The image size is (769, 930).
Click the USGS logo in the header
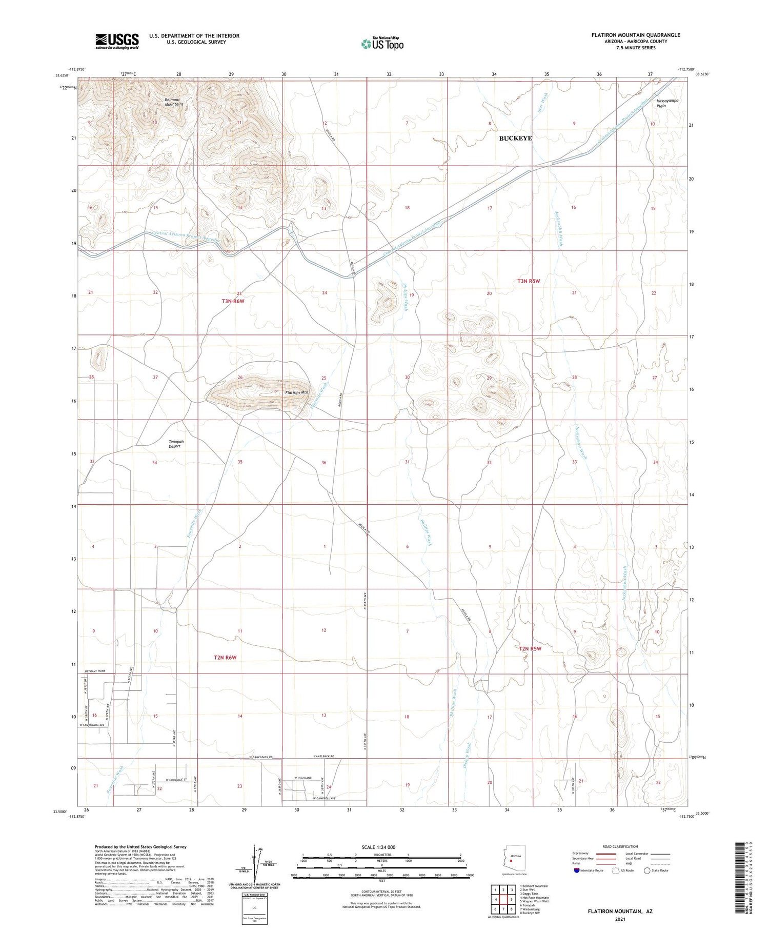[117, 41]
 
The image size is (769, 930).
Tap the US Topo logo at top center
[382, 44]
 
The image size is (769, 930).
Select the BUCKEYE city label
[515, 138]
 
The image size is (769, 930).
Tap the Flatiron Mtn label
[297, 392]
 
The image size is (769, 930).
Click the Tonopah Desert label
[176, 444]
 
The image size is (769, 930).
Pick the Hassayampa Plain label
[667, 103]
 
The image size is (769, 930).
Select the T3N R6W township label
[233, 301]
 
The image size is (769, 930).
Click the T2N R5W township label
[530, 648]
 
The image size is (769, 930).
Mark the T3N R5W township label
[529, 281]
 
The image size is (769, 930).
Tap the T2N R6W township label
[225, 657]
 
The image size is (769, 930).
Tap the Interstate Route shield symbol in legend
[577, 870]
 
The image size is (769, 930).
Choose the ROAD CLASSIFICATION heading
[620, 846]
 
